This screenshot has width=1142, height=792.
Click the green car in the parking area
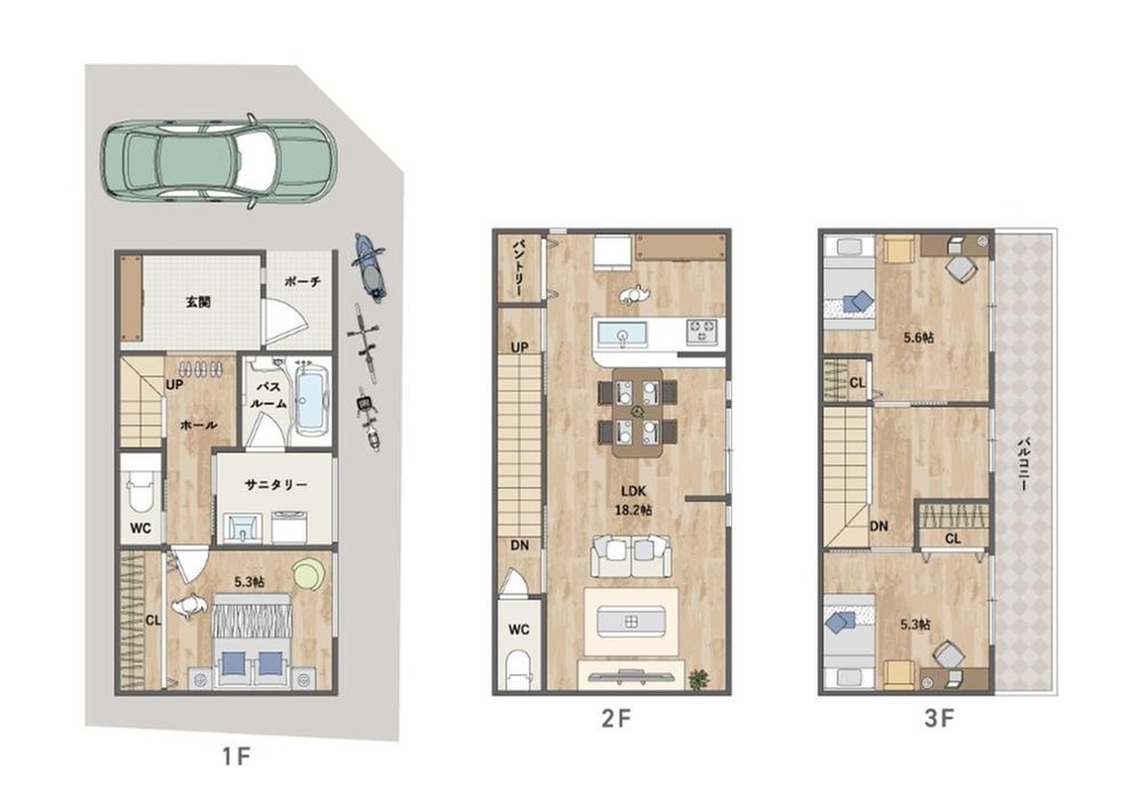[218, 160]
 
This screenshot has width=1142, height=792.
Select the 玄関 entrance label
[198, 301]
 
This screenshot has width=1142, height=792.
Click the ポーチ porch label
[304, 281]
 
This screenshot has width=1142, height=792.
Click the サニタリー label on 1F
[275, 485]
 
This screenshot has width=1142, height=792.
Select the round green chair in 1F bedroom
[308, 573]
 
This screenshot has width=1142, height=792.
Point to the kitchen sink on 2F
[622, 336]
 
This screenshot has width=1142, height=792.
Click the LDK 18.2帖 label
[633, 501]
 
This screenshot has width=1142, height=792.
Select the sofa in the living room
[631, 556]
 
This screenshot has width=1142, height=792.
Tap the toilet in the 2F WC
[519, 669]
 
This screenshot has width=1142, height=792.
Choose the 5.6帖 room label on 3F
[919, 338]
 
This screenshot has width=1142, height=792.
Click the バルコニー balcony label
[1022, 463]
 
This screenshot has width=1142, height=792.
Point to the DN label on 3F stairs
[880, 525]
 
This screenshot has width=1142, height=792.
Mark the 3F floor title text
[939, 719]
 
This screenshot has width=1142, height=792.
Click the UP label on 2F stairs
[519, 347]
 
